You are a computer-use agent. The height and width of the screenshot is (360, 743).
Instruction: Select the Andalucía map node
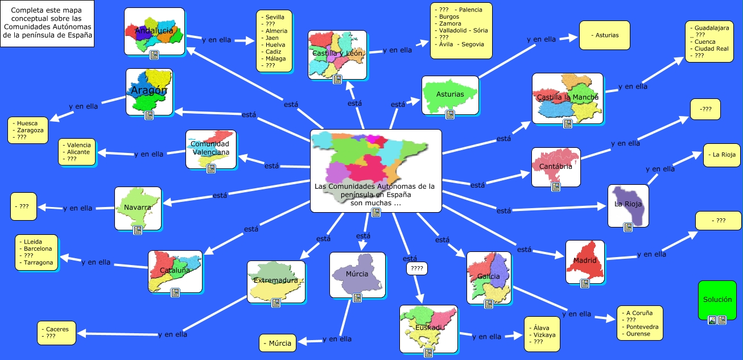click(x=154, y=31)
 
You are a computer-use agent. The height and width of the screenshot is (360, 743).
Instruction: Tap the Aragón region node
click(x=149, y=92)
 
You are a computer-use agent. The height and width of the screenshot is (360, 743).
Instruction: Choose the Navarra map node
click(x=137, y=208)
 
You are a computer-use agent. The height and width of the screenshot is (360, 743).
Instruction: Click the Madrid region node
click(x=585, y=262)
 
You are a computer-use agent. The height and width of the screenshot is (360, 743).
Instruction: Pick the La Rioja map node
click(x=628, y=205)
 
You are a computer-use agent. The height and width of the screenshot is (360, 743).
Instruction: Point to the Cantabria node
click(x=555, y=167)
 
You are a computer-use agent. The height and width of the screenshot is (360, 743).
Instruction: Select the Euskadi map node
click(x=428, y=329)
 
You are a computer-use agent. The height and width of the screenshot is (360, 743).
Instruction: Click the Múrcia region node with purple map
click(x=357, y=275)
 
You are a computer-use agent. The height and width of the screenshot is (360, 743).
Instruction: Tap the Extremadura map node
click(x=276, y=282)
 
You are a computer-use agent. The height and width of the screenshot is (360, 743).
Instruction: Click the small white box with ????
click(x=416, y=268)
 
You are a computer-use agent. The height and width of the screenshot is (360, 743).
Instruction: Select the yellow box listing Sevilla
click(x=274, y=41)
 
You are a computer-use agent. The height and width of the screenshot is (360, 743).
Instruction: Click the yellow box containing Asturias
click(x=604, y=35)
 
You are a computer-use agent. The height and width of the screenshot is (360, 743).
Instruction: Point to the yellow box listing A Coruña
click(x=639, y=323)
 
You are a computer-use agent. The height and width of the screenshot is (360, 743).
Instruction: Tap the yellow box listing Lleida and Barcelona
click(x=35, y=251)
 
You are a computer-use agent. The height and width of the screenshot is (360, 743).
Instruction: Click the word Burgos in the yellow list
click(x=445, y=17)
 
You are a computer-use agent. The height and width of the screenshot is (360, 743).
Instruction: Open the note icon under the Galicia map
click(x=488, y=304)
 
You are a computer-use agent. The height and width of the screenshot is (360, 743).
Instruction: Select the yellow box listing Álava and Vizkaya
click(x=542, y=335)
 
